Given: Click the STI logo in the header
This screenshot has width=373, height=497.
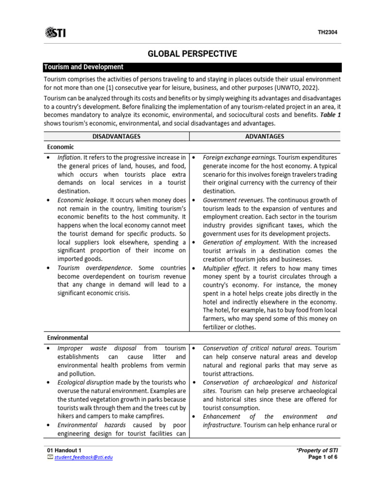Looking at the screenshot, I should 55,33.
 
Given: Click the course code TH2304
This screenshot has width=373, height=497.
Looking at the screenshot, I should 327,33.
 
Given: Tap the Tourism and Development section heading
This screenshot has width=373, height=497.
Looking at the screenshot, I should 84,67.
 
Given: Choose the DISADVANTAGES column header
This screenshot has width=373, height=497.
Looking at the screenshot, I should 116,136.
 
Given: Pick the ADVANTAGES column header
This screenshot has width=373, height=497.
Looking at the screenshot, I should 265,136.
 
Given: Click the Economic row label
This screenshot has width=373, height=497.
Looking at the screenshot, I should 61,146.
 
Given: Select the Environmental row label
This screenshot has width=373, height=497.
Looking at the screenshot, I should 68,337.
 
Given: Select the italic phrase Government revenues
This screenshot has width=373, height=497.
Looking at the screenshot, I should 233,200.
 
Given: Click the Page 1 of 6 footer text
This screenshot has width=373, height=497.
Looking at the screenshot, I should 323,457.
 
